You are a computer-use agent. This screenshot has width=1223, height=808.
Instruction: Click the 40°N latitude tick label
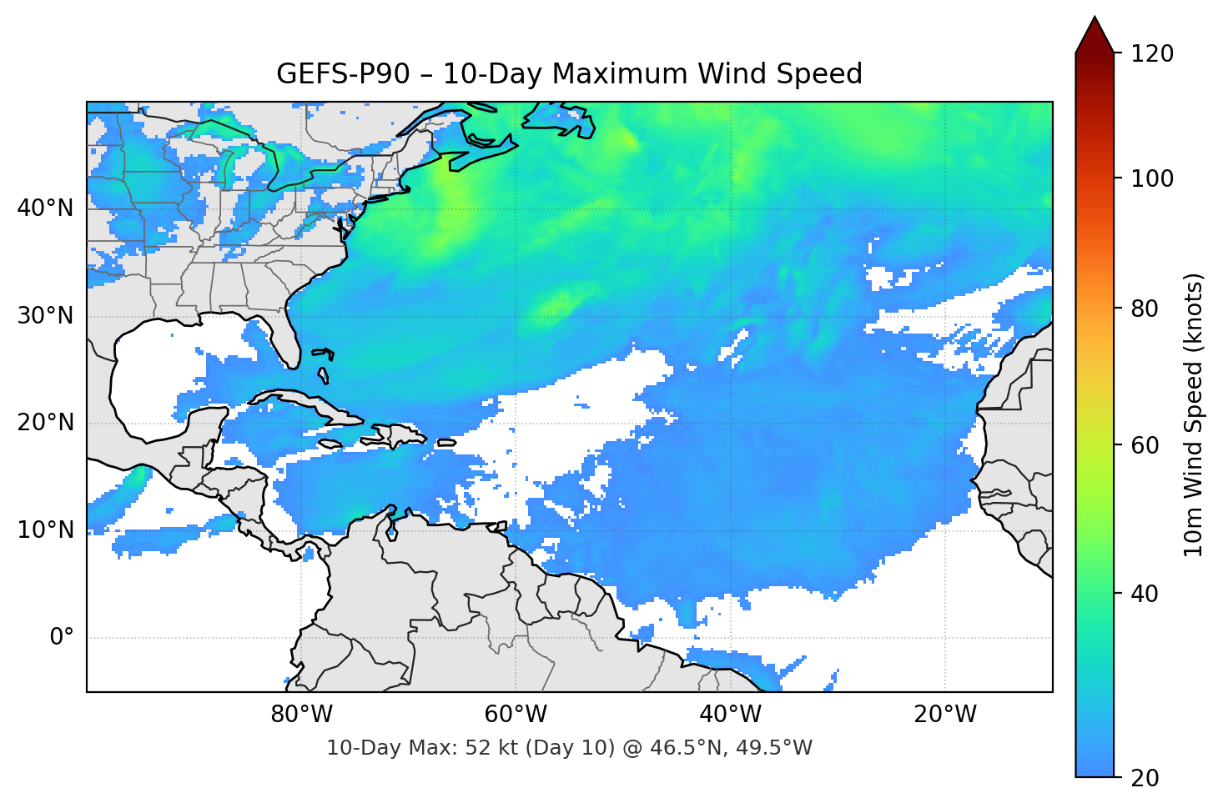coord(45,208)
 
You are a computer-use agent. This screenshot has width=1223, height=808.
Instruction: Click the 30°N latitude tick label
coord(45,316)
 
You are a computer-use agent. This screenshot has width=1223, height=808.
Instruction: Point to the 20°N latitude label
coord(45,423)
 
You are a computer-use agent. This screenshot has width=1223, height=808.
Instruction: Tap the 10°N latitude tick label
coord(45,530)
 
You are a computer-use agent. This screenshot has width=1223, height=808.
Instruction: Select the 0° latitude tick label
coord(62,638)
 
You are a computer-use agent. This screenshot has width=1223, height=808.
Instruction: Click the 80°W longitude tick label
coord(301,715)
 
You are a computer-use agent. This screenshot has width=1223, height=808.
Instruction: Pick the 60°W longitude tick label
coord(516,715)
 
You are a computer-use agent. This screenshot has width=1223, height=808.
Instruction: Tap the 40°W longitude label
coord(730,715)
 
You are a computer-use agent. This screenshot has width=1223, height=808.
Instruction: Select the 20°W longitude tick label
coord(944,715)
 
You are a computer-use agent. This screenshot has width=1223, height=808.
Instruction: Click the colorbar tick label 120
coord(1152,54)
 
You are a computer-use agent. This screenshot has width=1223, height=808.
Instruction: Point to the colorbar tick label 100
coord(1152,178)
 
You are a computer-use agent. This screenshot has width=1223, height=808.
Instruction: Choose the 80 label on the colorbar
coord(1145,309)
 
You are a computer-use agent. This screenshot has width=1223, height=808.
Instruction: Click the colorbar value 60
coord(1145,445)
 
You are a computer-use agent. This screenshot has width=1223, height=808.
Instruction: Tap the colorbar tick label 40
coord(1145,594)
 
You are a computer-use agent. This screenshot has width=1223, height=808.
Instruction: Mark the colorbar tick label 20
coord(1145,778)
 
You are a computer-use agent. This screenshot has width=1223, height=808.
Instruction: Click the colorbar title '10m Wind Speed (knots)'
coord(1194,414)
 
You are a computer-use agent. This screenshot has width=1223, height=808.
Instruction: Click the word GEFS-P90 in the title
coord(343,74)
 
